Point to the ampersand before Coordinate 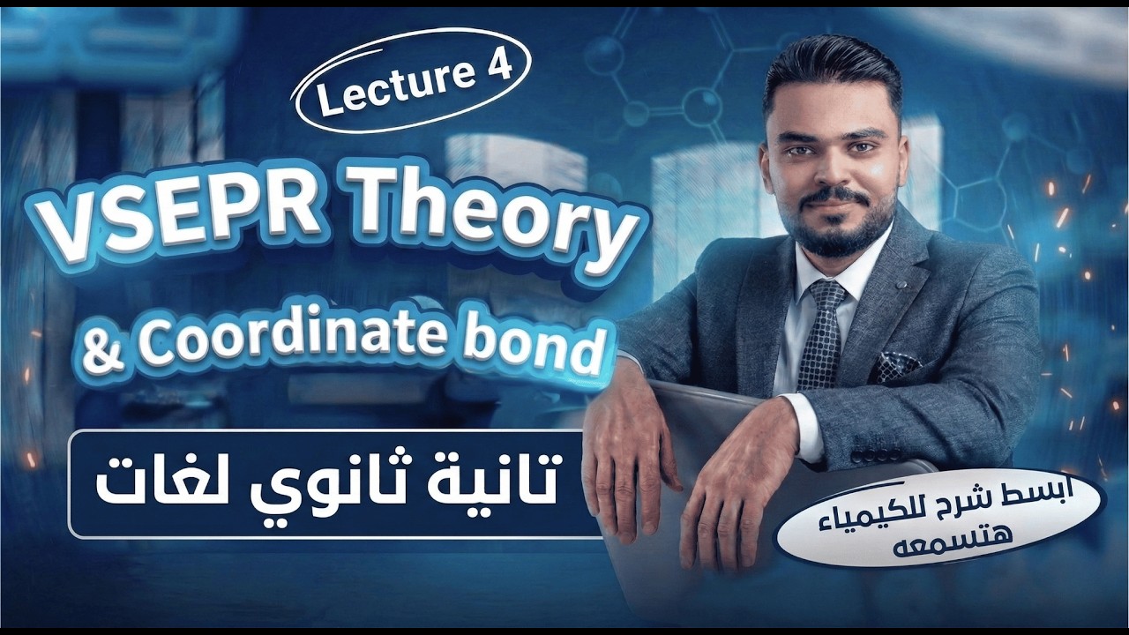(x=98, y=345)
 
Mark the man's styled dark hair (x=829, y=75)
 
